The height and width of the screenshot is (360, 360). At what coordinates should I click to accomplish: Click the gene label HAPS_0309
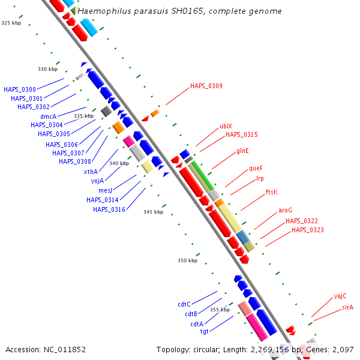click(206, 86)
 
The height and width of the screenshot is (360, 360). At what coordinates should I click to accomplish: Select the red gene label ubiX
click(226, 127)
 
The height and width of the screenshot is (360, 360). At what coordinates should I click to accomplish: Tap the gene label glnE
click(242, 151)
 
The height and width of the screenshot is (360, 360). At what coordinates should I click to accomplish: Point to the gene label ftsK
click(272, 193)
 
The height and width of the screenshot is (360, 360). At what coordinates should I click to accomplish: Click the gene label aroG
click(285, 211)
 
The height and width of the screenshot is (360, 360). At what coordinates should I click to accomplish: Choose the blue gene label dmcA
click(48, 116)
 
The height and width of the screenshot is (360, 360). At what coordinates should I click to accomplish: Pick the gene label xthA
click(91, 172)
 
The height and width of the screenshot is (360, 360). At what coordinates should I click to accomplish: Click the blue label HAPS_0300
click(19, 89)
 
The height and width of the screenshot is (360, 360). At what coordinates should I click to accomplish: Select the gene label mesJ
click(106, 190)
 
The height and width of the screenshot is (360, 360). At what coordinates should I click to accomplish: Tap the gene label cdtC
click(184, 304)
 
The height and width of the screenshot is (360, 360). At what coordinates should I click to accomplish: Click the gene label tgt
click(204, 331)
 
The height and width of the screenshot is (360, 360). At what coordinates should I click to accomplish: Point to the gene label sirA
click(348, 307)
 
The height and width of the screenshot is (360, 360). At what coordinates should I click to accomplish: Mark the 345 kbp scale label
click(153, 212)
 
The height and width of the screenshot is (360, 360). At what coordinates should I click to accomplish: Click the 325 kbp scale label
click(11, 23)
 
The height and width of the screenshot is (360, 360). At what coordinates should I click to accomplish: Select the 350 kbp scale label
click(187, 260)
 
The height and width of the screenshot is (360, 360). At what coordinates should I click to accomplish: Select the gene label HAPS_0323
click(307, 230)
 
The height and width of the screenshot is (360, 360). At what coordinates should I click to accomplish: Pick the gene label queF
click(256, 169)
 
